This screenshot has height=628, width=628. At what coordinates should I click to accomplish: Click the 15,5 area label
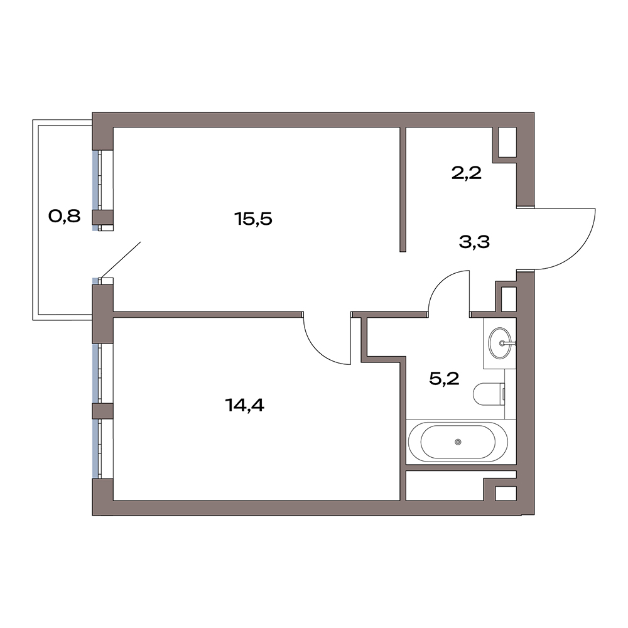click(x=253, y=219)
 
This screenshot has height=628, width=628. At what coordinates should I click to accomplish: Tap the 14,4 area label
click(x=245, y=405)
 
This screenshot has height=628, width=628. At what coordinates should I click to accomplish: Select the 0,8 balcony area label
click(x=65, y=216)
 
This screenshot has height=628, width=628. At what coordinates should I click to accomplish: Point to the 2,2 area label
click(x=466, y=173)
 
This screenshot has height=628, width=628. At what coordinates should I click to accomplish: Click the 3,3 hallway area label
click(x=475, y=242)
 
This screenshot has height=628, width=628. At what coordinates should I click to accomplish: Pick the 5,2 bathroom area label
click(x=444, y=377)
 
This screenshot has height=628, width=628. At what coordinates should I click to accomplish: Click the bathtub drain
click(x=458, y=441)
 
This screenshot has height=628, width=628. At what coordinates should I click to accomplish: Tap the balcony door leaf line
click(x=121, y=259)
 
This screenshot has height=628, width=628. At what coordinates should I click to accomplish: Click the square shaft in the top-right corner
click(x=507, y=142)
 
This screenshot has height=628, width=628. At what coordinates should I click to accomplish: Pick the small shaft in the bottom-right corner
click(x=506, y=493)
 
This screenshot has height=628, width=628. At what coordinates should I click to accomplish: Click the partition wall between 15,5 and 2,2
click(x=403, y=190)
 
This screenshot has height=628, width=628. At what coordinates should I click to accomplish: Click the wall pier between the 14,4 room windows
click(x=103, y=411)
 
